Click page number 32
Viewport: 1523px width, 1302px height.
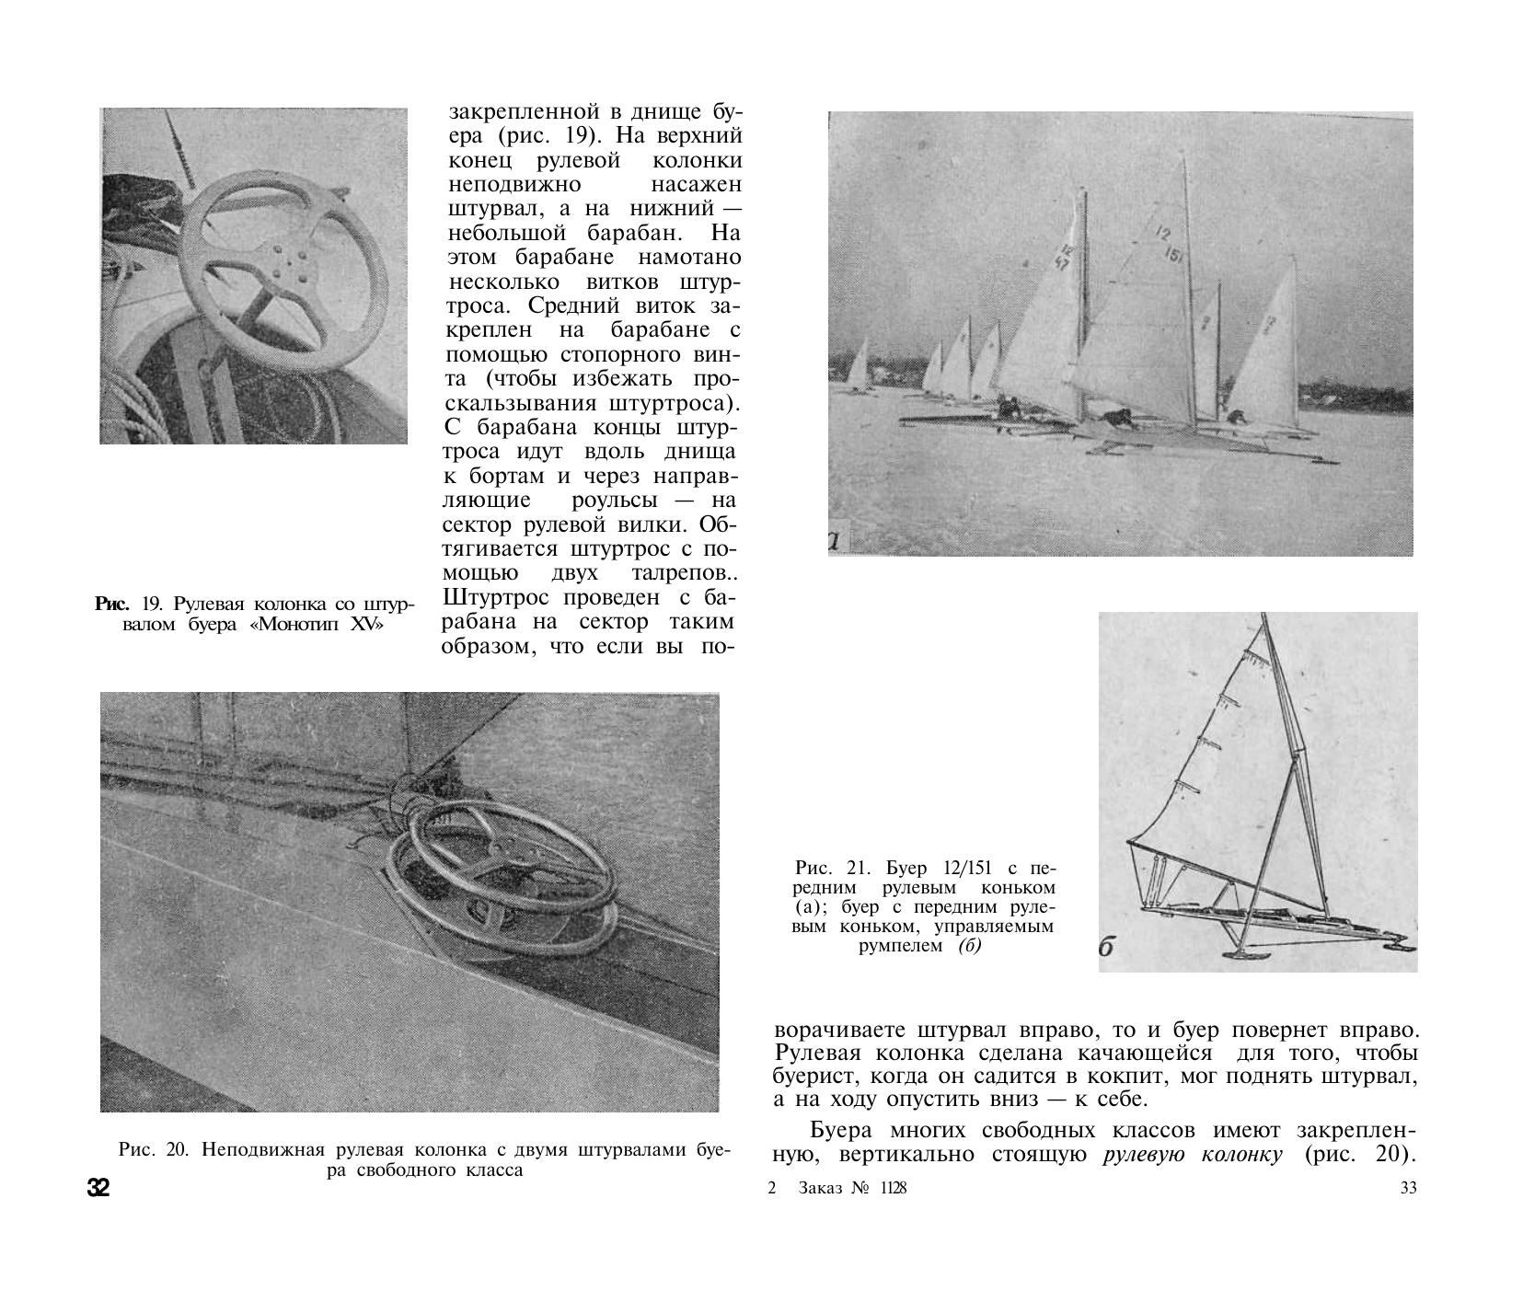98,1187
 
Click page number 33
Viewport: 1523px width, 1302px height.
1408,1189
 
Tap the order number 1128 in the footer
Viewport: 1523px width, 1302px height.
892,1189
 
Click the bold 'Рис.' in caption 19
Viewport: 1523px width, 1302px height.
111,605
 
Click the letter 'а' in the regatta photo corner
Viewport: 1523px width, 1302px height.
835,541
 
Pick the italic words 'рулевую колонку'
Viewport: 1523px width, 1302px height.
1192,1155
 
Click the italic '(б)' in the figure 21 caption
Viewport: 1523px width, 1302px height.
969,946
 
